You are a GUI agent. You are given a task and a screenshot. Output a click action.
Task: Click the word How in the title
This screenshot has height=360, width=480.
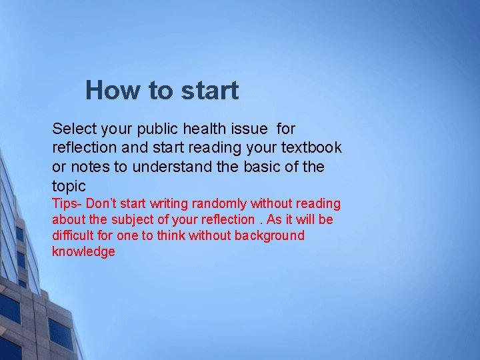pyautogui.click(x=109, y=91)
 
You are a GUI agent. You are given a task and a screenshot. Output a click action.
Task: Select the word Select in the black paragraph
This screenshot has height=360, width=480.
pyautogui.click(x=74, y=128)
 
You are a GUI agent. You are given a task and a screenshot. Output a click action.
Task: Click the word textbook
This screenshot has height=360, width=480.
pyautogui.click(x=311, y=147)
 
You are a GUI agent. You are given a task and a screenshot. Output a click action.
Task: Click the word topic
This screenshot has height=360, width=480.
pyautogui.click(x=69, y=186)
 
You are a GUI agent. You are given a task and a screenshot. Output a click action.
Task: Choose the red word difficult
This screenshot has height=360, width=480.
pyautogui.click(x=73, y=235)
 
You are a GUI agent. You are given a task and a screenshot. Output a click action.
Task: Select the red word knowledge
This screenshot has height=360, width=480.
pyautogui.click(x=83, y=251)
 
